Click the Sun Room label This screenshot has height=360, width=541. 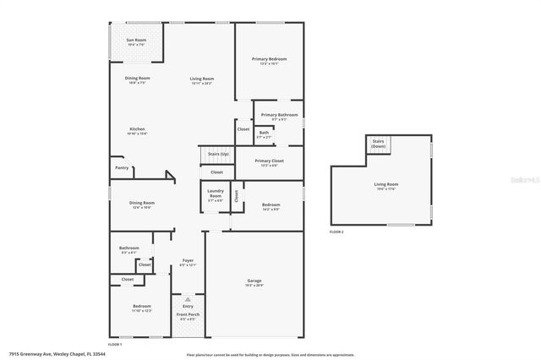pyautogui.click(x=135, y=40)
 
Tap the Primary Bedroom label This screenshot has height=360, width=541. pyautogui.click(x=269, y=59)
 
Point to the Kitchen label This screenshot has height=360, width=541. pyautogui.click(x=137, y=129)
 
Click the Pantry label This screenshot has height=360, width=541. pyautogui.click(x=123, y=167)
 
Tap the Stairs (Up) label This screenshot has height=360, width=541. pyautogui.click(x=218, y=154)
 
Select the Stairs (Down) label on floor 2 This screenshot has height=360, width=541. pyautogui.click(x=377, y=144)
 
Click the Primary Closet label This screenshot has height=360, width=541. pyautogui.click(x=269, y=161)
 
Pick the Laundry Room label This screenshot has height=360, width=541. pyautogui.click(x=215, y=195)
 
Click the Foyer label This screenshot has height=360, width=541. pyautogui.click(x=188, y=261)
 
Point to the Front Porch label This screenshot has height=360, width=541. pyautogui.click(x=187, y=315)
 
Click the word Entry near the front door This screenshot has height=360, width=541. pyautogui.click(x=187, y=305)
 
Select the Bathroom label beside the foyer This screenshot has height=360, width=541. pyautogui.click(x=129, y=248)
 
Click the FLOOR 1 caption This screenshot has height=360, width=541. pyautogui.click(x=115, y=344)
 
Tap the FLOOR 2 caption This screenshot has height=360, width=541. pyautogui.click(x=336, y=231)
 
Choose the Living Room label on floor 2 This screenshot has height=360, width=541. pyautogui.click(x=386, y=184)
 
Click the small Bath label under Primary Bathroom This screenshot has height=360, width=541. pyautogui.click(x=264, y=133)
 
